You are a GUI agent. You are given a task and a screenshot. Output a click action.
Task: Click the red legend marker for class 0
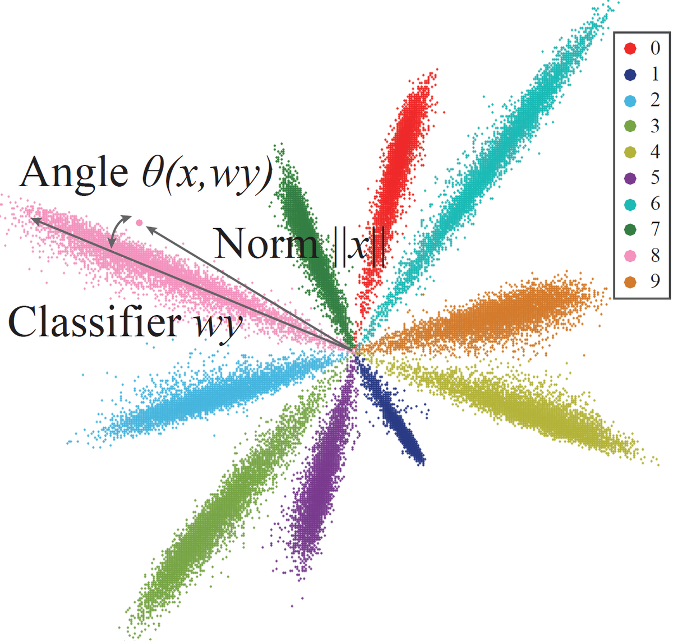630,48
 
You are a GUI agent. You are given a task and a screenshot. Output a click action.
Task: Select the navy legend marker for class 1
630,74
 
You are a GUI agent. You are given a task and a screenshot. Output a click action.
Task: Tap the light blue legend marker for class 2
630,100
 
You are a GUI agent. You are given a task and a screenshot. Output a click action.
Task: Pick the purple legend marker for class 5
630,178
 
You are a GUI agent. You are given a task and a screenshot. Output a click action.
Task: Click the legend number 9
655,281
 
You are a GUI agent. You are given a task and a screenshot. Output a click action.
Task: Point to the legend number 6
655,204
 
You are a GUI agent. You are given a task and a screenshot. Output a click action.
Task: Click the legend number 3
655,126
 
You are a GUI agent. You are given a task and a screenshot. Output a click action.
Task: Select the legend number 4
655,152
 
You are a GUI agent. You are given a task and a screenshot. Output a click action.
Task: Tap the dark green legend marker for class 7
630,230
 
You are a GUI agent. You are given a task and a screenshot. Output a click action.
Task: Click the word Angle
73,173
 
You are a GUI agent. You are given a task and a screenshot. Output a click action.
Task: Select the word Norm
266,244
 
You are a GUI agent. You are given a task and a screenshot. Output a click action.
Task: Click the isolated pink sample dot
139,223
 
